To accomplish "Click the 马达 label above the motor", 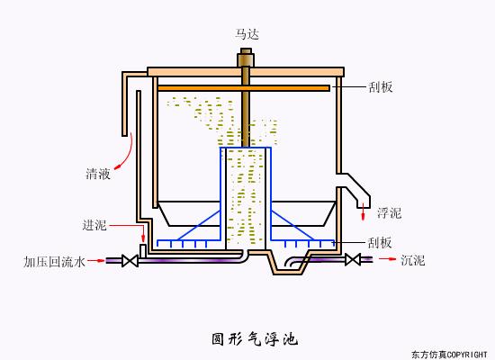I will tap(247, 34).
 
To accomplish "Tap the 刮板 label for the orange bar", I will tap(380, 87).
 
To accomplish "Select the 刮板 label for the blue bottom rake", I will tap(380, 243).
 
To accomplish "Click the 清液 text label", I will tap(98, 174).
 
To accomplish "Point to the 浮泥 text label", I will tap(389, 213).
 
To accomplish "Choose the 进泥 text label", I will tap(94, 225).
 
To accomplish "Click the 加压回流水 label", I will tap(54, 262).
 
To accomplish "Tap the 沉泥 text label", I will tap(412, 260).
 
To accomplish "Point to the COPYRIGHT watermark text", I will tap(448, 354).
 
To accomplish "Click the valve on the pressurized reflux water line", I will tap(130, 261).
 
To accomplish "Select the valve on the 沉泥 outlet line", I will tap(354, 260).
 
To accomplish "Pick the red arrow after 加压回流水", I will tap(96, 262).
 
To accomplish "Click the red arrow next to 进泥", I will tap(142, 235).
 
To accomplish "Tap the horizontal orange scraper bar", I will tap(243, 88).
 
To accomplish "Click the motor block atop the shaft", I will tap(245, 60).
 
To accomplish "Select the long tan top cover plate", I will tap(245, 71).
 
